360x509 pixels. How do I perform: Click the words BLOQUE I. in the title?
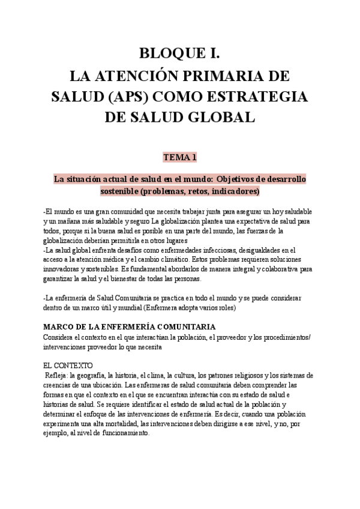pyautogui.click(x=180, y=55)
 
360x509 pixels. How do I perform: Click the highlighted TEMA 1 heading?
pyautogui.click(x=180, y=158)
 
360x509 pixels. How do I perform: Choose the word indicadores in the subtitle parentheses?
pyautogui.click(x=232, y=191)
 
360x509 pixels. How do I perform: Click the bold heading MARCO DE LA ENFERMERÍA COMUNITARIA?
pyautogui.click(x=130, y=327)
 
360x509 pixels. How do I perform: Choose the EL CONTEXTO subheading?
pyautogui.click(x=68, y=364)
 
